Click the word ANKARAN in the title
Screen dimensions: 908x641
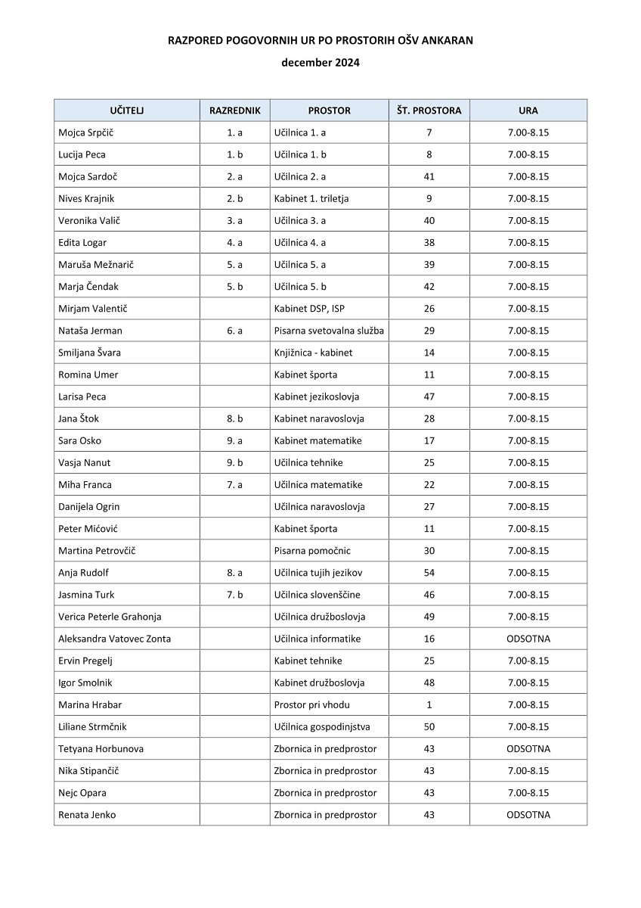pos(446,41)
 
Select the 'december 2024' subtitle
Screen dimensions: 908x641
pos(320,63)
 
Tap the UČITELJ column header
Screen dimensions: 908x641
pos(126,110)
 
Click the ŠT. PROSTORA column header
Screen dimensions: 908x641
pos(429,110)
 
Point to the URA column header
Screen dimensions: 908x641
pos(528,110)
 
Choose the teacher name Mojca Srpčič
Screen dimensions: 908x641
pos(86,132)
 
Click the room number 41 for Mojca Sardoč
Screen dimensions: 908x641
pos(429,176)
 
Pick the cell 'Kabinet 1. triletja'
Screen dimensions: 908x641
pos(311,198)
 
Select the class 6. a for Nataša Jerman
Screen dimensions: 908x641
pos(234,331)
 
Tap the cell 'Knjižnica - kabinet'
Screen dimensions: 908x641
pos(313,353)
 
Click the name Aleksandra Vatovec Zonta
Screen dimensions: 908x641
pos(114,639)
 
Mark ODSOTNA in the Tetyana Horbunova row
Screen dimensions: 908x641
pos(528,748)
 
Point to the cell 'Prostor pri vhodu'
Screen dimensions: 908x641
pos(311,704)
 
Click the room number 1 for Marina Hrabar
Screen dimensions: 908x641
pos(429,704)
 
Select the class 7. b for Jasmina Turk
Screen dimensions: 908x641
pos(234,595)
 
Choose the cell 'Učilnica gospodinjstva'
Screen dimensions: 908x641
pos(322,726)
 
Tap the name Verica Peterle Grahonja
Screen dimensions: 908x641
pos(110,617)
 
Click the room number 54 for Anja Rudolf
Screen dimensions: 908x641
pos(429,573)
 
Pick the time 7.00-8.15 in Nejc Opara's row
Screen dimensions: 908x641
pos(528,793)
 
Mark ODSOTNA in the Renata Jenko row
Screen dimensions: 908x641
pos(528,815)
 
